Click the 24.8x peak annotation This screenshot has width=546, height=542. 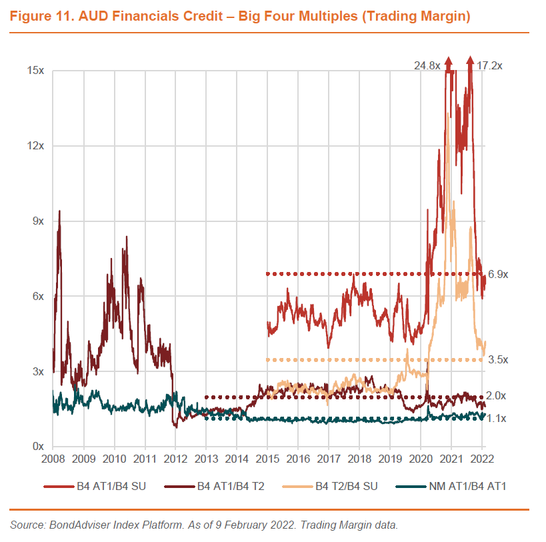[427, 65]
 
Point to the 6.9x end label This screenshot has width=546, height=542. [498, 274]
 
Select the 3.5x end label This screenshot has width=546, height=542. [498, 360]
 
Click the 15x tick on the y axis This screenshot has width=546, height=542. [35, 71]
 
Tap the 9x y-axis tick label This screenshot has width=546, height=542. [37, 221]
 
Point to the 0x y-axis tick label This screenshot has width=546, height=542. [37, 447]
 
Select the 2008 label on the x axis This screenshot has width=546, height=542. [53, 460]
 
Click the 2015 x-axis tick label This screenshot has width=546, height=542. [267, 460]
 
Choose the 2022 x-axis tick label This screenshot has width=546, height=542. [481, 460]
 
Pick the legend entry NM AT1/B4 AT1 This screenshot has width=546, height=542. [466, 486]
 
